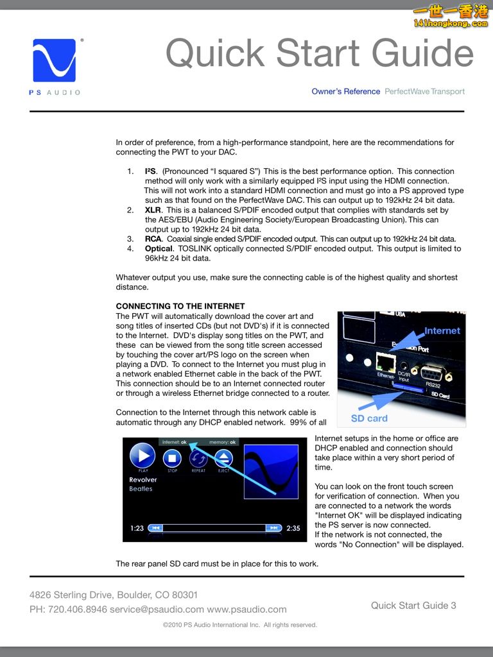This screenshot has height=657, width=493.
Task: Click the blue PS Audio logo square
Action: click(x=58, y=60)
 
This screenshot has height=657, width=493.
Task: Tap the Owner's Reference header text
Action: click(x=345, y=92)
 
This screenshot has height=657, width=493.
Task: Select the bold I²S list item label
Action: click(x=150, y=171)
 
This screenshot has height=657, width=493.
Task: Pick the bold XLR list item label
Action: click(x=153, y=210)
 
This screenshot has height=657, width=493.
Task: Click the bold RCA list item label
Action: click(x=153, y=239)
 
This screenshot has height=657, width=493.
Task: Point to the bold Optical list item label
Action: click(x=159, y=248)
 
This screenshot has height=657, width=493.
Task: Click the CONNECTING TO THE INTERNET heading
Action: click(x=180, y=306)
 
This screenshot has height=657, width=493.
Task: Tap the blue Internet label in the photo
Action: click(x=442, y=331)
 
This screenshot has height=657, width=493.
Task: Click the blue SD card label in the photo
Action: click(x=369, y=418)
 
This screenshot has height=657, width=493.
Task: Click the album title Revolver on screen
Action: click(x=143, y=480)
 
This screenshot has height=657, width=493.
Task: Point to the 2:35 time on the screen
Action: click(x=293, y=528)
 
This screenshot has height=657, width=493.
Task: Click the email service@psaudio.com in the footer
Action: click(x=157, y=609)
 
